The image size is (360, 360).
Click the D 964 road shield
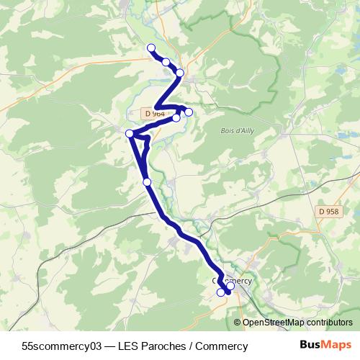(154, 114)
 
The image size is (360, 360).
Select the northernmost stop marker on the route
(151, 48)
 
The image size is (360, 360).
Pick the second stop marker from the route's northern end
(166, 62)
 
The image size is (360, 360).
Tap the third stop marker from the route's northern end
(180, 73)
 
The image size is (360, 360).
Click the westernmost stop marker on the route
(130, 133)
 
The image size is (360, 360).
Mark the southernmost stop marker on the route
(221, 292)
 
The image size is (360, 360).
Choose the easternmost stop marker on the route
(230, 286)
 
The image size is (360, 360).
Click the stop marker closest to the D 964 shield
(176, 117)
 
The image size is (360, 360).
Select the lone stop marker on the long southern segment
(147, 182)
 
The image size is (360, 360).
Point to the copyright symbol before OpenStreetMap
(238, 323)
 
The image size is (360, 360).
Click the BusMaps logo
(325, 346)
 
